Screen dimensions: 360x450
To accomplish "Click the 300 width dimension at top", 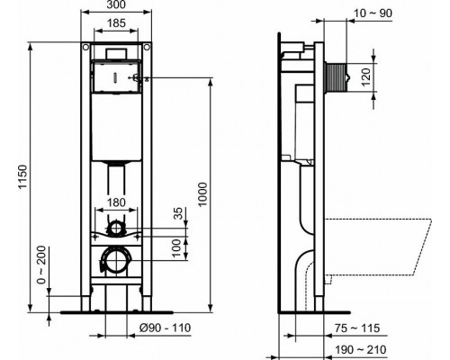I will [115, 7].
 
